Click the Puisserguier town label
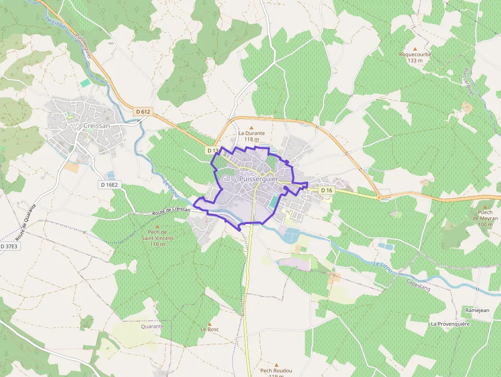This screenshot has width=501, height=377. coord(258,180)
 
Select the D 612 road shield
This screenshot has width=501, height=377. coord(144,112)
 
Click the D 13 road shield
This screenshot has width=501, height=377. coord(213,151)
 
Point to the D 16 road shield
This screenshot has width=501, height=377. coord(327,190)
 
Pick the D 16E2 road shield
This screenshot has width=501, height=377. coord(109,185)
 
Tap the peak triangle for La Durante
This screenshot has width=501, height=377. coord(251,127)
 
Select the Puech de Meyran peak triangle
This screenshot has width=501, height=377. coord(485,207)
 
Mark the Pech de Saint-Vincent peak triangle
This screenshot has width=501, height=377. coord(157,226)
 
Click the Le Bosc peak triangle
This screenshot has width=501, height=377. coord(210,324)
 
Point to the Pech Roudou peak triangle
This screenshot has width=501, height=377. coord(277,365)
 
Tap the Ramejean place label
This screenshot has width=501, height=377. coord(477,311)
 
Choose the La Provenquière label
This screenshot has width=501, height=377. coord(450,324)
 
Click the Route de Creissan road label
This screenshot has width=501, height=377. coord(171,211)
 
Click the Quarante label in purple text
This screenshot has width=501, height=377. coord(152,326)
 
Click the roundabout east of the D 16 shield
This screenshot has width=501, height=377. coord(379,197)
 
